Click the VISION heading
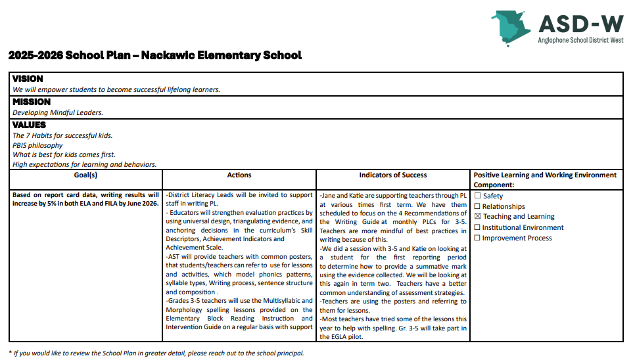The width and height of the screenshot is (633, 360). [x=28, y=79]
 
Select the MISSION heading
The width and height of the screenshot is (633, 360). [x=32, y=102]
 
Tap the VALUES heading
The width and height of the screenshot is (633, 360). [x=30, y=125]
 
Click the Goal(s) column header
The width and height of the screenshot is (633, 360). [x=86, y=175]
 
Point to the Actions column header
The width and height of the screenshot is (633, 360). [x=239, y=175]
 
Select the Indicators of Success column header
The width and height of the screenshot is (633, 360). [x=393, y=175]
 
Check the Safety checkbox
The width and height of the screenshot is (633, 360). [x=478, y=196]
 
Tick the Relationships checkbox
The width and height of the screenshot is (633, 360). [x=478, y=206]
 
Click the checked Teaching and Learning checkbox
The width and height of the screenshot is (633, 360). [x=478, y=216]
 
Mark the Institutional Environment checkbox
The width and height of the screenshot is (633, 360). [x=478, y=227]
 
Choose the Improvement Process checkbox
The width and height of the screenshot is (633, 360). [x=478, y=238]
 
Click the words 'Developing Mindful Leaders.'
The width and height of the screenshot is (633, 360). [x=58, y=112]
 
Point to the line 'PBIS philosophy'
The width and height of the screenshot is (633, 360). [x=37, y=145]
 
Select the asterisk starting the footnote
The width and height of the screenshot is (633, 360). [x=10, y=353]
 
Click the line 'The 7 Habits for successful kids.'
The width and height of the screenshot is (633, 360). [x=62, y=135]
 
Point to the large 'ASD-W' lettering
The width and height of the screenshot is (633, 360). [x=580, y=24]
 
